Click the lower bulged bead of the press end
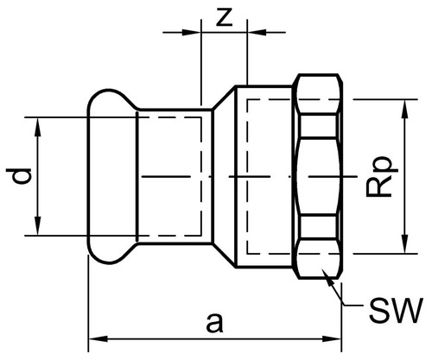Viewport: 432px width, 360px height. click(111, 251)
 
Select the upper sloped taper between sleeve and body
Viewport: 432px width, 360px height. click(224, 97)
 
